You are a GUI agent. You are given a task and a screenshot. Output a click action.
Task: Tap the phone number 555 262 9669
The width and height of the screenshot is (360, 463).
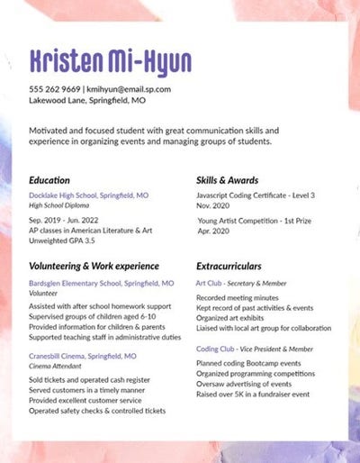click(x=54, y=89)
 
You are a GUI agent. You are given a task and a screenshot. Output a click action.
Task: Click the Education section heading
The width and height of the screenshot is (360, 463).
click(x=49, y=179)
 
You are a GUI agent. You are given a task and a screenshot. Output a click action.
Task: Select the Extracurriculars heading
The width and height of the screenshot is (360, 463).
click(x=229, y=267)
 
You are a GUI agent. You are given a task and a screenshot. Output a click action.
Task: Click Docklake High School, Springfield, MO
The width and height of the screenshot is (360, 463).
click(x=89, y=195)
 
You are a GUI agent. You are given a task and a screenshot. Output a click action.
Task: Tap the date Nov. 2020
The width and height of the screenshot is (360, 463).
click(x=214, y=205)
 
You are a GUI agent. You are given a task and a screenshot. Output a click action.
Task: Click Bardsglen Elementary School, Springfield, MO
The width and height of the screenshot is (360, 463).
click(x=101, y=283)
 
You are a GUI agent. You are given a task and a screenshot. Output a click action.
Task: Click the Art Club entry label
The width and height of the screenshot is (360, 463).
click(x=209, y=283)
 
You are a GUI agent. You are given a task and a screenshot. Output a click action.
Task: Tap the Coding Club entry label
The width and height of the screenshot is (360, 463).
click(x=217, y=348)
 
